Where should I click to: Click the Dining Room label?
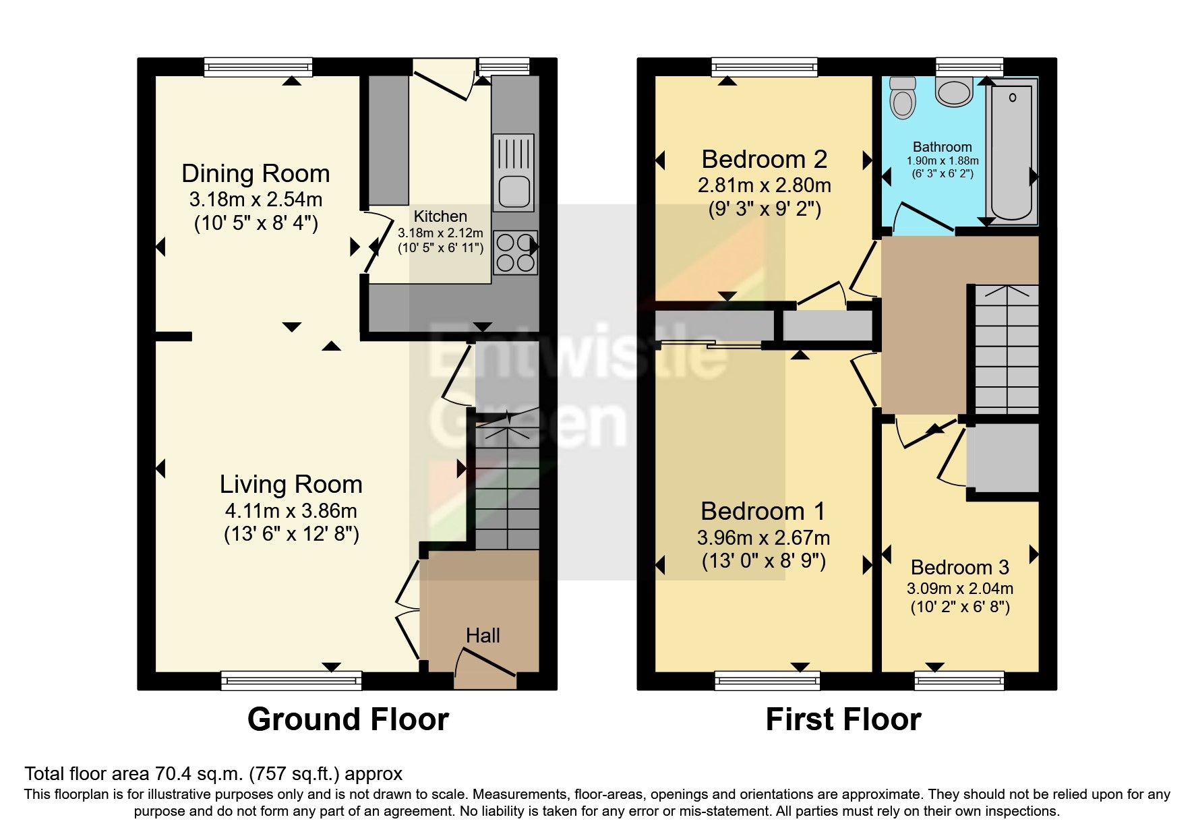coord(256,174)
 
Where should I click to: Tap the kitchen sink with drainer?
coord(514,172)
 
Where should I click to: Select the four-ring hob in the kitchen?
coord(516,252)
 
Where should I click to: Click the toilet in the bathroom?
coord(902,98)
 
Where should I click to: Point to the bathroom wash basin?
coord(954,92)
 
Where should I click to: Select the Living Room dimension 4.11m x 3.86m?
coord(291,511)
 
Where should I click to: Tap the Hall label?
coord(483,636)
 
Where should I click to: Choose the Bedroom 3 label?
coord(959,568)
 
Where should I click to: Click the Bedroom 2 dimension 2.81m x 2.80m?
coord(764,185)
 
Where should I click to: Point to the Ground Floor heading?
coord(348,719)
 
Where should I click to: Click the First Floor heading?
coord(843,719)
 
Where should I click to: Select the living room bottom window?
coord(291,680)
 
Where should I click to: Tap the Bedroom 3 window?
coord(959,680)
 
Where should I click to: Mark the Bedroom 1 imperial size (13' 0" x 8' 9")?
coord(763,561)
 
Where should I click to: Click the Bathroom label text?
coord(942,147)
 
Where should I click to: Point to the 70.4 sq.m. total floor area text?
coord(213,774)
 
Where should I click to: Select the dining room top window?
coord(258,67)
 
